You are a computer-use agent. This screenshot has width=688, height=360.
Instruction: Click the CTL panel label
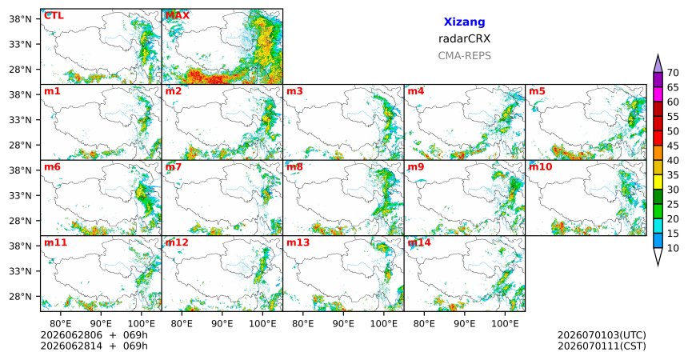(54, 15)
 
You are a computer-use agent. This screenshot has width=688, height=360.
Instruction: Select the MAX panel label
(178, 15)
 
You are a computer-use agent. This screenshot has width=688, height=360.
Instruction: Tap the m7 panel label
(174, 167)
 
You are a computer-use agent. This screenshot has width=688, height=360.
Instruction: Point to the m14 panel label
(419, 242)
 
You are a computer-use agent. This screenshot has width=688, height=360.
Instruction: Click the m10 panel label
(540, 167)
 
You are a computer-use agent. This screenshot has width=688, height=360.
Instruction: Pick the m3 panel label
(294, 91)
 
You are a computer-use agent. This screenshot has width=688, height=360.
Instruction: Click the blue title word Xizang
(464, 22)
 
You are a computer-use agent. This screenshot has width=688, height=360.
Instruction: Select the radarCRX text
(464, 38)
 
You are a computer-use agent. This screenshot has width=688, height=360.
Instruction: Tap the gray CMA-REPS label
(464, 56)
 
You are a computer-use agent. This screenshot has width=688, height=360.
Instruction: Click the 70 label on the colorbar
(673, 73)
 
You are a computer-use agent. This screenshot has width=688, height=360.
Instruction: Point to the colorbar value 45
(673, 146)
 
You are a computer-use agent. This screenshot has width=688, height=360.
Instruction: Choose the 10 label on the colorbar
(673, 248)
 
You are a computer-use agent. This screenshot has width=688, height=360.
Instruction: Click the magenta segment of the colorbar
(658, 94)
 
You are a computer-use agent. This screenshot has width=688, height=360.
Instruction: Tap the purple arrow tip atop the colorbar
(658, 55)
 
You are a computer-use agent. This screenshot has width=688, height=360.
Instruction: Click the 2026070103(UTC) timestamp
(602, 335)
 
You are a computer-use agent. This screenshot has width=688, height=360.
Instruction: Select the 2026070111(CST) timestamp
(602, 346)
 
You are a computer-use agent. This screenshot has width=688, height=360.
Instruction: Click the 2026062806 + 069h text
(94, 335)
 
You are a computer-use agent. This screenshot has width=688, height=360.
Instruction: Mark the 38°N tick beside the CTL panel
(20, 19)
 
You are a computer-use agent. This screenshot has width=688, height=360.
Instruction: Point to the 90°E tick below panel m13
(343, 324)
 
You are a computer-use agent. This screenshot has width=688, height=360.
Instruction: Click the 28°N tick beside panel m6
(20, 221)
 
